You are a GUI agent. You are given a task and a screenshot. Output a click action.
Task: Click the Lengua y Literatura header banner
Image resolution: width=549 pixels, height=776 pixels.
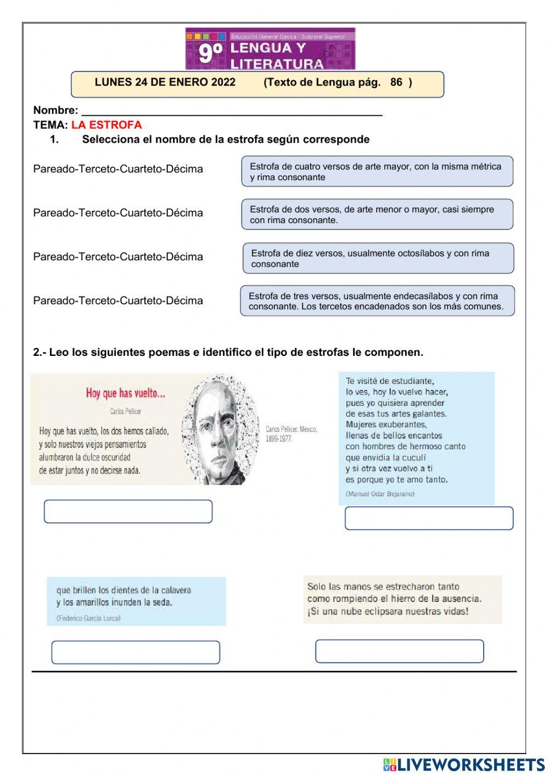click(x=270, y=49)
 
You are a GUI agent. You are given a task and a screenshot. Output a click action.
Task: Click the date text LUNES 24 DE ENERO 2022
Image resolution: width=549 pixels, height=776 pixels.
click(x=165, y=82)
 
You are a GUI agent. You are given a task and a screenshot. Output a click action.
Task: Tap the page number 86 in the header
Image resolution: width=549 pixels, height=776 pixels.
click(x=396, y=82)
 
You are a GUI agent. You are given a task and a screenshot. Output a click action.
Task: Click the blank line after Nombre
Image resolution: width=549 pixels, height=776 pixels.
click(x=231, y=111)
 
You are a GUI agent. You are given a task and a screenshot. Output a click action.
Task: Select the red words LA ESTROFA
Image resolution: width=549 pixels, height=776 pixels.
click(x=107, y=125)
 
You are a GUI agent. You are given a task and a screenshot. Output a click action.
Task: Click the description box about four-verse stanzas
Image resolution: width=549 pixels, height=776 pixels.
click(x=377, y=171)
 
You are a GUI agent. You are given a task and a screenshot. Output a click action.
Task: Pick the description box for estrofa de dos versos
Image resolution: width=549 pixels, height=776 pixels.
click(x=377, y=214)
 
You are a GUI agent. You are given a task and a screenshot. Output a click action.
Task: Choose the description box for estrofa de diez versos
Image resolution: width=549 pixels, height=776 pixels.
click(x=378, y=258)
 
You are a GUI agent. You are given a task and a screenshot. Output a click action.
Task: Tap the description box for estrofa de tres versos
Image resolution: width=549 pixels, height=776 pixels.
click(x=377, y=301)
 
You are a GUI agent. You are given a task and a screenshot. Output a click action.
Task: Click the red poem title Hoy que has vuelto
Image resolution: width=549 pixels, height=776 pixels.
click(x=125, y=393)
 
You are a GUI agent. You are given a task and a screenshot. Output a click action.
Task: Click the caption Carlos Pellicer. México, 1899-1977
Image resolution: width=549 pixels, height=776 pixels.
click(x=291, y=434)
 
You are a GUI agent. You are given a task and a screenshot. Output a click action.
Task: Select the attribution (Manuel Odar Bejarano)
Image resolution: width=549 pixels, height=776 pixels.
click(x=380, y=494)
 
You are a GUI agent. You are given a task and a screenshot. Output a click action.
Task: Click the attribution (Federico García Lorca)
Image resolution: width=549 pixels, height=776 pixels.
click(x=88, y=618)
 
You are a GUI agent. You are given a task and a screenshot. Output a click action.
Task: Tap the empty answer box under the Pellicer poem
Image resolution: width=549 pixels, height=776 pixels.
click(x=128, y=511)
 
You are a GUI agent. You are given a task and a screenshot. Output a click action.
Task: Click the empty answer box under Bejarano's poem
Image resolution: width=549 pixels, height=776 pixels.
click(x=429, y=518)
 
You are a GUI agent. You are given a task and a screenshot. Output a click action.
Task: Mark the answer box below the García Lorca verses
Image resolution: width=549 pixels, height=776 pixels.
click(x=136, y=652)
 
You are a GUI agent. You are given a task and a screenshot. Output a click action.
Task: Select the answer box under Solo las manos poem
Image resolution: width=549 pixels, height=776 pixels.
click(x=399, y=651)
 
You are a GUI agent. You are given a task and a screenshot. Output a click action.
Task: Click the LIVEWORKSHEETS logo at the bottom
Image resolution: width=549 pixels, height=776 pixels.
click(x=464, y=764)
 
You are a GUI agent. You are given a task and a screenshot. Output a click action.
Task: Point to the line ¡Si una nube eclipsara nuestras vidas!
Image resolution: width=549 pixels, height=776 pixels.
click(x=388, y=611)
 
